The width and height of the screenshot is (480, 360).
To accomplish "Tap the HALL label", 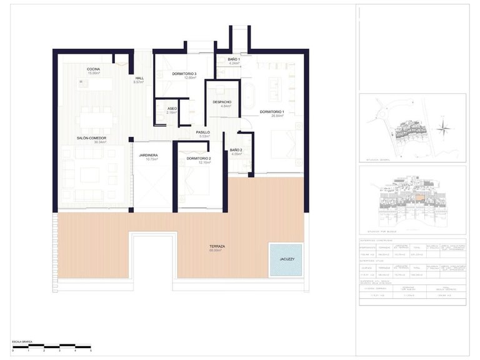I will pyautogui.click(x=139, y=78).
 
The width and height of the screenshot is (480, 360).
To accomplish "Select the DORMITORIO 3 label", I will pyautogui.click(x=184, y=74).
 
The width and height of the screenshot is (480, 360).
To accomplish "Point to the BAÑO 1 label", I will pyautogui.click(x=234, y=59).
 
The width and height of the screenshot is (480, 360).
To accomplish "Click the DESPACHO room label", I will pyautogui.click(x=222, y=102).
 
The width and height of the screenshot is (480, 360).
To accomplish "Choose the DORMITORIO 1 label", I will pyautogui.click(x=272, y=111).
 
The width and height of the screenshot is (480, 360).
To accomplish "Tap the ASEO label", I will pyautogui.click(x=172, y=108).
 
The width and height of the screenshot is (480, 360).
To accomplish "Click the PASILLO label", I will pyautogui.click(x=202, y=132).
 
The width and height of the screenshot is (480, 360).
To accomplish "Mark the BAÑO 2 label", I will pyautogui.click(x=236, y=150).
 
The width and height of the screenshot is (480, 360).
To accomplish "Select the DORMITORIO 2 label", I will pyautogui.click(x=198, y=158).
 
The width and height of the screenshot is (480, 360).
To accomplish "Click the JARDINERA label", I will pyautogui.click(x=147, y=154).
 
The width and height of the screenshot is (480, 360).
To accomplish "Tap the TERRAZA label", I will pyautogui.click(x=217, y=246).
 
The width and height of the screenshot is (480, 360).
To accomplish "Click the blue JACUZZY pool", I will pyautogui.click(x=286, y=260).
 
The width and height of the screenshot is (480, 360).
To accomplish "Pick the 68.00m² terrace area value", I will pyautogui.click(x=217, y=251).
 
